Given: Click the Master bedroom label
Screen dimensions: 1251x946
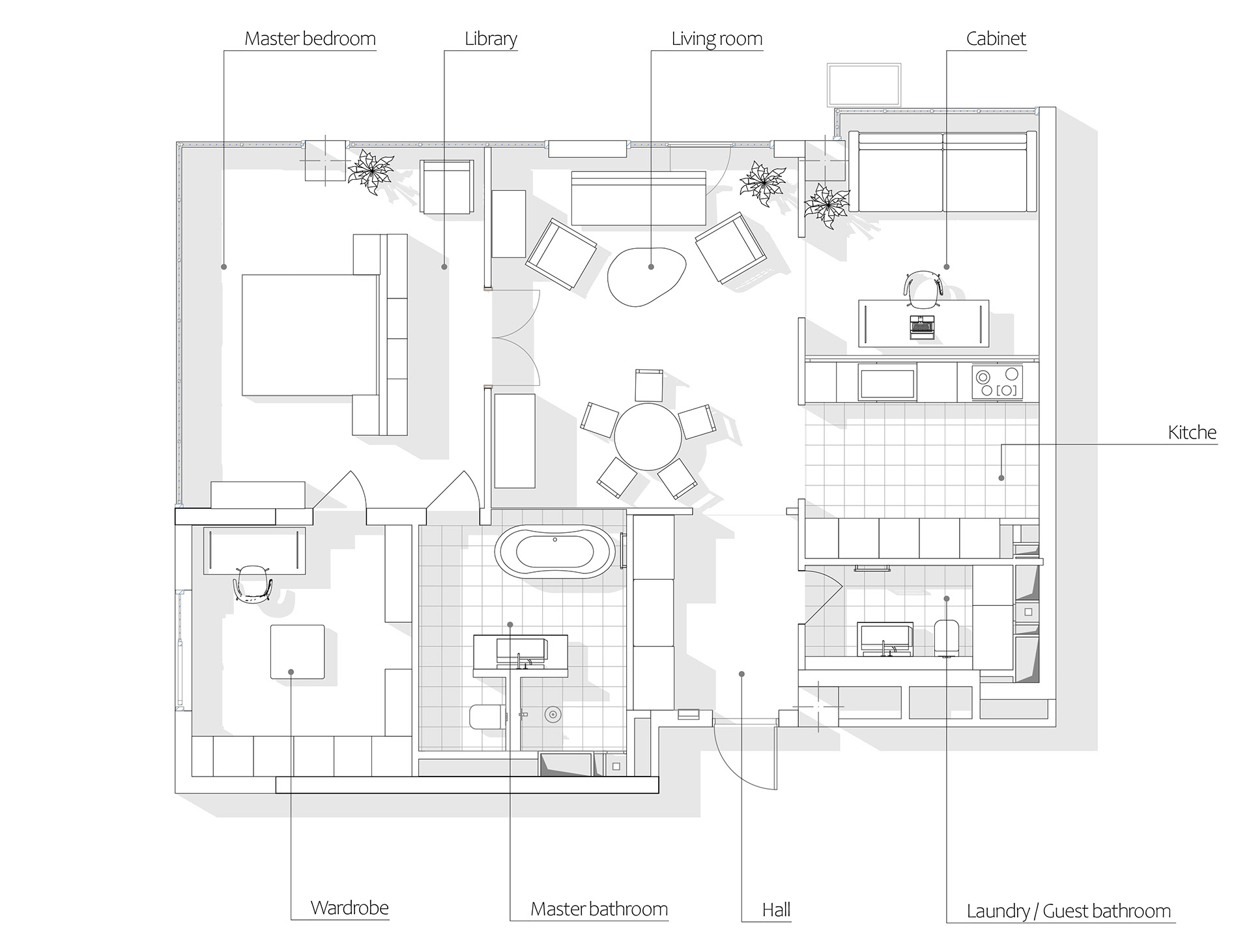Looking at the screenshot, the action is pos(310,39).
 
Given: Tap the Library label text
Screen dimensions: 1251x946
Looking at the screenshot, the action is pos(491,39).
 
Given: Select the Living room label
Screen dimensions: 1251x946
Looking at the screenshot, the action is pos(717,39).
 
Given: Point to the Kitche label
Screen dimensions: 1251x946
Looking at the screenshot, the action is pos(1192,433).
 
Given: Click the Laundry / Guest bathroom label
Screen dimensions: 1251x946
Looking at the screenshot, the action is pos(1069,911).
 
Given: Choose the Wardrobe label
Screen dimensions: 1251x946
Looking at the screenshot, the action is pos(350,908).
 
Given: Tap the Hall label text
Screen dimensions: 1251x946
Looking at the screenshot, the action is pos(776,910).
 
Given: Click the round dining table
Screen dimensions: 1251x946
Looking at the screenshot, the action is pos(648,437).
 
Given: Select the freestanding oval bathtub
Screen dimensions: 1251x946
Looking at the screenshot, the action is pos(555,552).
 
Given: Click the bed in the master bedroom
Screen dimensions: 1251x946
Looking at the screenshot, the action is pos(310,335).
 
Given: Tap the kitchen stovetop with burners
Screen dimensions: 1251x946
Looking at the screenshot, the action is pos(998,382).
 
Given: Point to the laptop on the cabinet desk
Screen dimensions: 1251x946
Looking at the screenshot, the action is pos(920,327).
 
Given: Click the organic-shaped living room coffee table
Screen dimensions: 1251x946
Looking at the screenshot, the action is pos(648,275).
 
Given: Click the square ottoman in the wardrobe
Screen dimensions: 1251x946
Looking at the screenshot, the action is pos(298,652).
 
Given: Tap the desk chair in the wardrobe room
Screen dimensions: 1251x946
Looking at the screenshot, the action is pos(252,583).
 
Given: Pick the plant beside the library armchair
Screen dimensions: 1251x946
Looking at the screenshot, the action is pos(371,172).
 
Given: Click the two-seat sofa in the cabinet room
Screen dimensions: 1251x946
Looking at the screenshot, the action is pos(942,171).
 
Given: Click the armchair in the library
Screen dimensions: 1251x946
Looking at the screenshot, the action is pos(447,186).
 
